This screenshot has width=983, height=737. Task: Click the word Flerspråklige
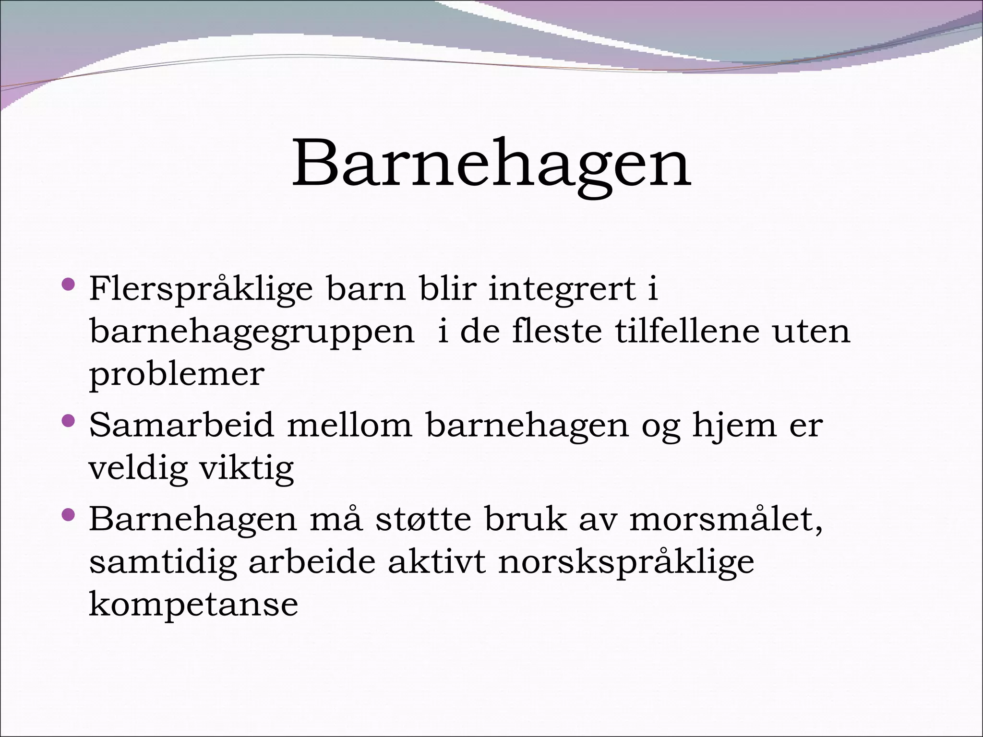click(x=201, y=290)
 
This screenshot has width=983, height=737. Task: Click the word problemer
click(x=177, y=375)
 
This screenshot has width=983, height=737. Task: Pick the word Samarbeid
click(x=181, y=425)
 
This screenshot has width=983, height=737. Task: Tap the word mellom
click(x=349, y=425)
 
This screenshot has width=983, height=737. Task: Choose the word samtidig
click(x=163, y=562)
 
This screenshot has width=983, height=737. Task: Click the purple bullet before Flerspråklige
click(x=69, y=285)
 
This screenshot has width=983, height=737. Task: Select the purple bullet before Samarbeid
click(x=69, y=421)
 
